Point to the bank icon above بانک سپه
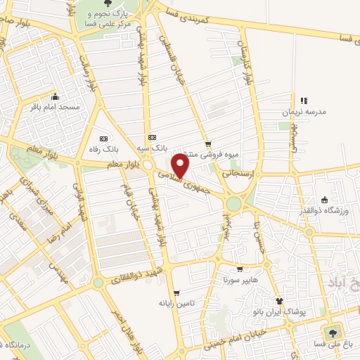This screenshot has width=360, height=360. click(151, 138)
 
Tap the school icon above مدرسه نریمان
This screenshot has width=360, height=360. click(304, 101)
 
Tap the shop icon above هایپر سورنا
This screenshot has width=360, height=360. click(240, 269)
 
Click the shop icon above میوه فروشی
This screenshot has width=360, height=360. click(207, 144)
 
